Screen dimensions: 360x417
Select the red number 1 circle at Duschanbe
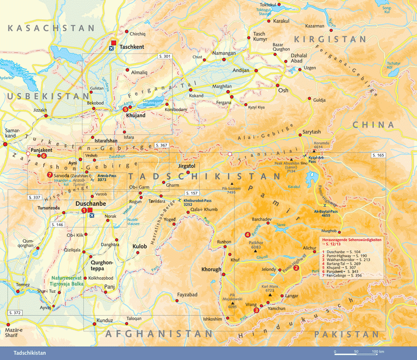point(83,210)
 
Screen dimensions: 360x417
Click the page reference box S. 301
point(164,56)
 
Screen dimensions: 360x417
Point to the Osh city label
point(284,91)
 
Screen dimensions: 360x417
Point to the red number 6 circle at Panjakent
point(44,155)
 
